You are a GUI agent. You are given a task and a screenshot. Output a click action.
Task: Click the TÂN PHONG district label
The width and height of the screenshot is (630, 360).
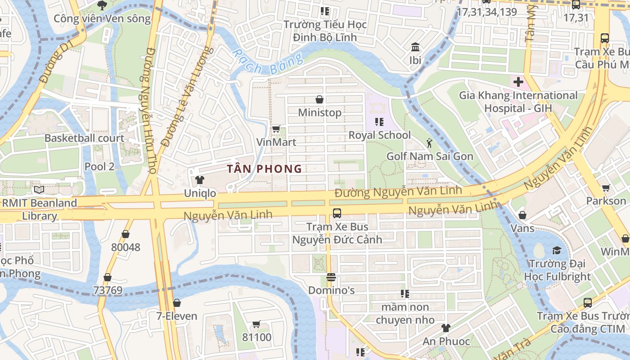tap(264, 169)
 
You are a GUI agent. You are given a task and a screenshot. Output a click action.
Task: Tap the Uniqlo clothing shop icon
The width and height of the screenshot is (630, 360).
tap(200, 180)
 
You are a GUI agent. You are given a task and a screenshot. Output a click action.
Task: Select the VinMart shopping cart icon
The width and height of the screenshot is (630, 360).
tap(276, 129)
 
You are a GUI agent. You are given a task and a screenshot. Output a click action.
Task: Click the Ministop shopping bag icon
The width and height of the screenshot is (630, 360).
tap(319, 99)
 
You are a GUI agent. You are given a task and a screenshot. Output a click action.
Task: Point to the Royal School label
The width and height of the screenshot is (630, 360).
tap(380, 135)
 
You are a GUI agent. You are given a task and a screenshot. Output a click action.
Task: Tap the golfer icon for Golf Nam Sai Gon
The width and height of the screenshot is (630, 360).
tap(429, 143)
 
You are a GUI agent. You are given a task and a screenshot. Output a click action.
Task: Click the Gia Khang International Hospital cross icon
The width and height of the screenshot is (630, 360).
tap(518, 82)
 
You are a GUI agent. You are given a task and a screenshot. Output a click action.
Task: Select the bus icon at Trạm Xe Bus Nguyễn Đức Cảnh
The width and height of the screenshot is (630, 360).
tap(337, 213)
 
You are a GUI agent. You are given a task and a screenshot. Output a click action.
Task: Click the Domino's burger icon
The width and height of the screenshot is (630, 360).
tap(331, 277)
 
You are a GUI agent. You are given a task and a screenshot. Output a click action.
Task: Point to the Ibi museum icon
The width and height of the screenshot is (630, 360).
tap(415, 47)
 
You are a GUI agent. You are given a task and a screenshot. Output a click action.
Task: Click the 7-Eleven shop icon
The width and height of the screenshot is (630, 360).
tap(177, 303)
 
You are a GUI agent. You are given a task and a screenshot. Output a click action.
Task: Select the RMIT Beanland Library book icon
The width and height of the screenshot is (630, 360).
tap(39, 190)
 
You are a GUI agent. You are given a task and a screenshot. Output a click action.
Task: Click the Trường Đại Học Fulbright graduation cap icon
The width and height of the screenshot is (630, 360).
tap(557, 250)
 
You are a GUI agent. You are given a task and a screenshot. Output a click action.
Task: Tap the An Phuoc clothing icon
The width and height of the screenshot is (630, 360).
tap(445, 328)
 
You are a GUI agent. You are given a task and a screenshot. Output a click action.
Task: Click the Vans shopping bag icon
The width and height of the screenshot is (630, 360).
tap(522, 215)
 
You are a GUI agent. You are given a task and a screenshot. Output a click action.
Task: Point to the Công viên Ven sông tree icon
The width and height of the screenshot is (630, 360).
tap(102, 5)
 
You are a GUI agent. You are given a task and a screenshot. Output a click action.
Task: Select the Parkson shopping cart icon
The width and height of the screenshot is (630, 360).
tap(606, 188)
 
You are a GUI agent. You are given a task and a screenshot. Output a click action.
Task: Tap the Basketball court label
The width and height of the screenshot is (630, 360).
tap(84, 138)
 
